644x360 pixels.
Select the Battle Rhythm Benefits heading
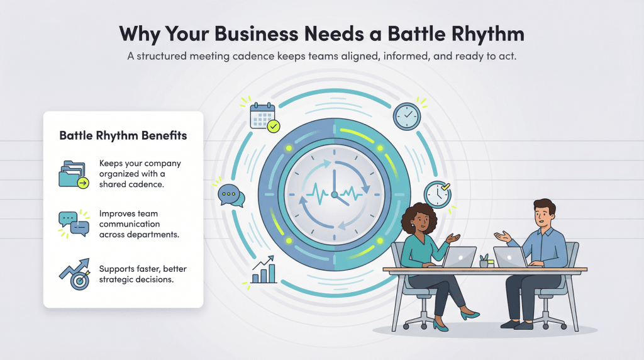point(123,135)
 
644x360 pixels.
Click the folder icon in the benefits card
point(72,174)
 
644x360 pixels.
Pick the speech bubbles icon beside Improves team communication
point(72,223)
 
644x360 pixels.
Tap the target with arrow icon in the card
point(74,272)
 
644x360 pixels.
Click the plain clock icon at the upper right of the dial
point(406,116)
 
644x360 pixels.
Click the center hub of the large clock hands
point(334,194)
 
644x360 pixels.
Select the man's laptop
point(510,257)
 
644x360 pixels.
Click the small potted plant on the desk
point(484,260)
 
